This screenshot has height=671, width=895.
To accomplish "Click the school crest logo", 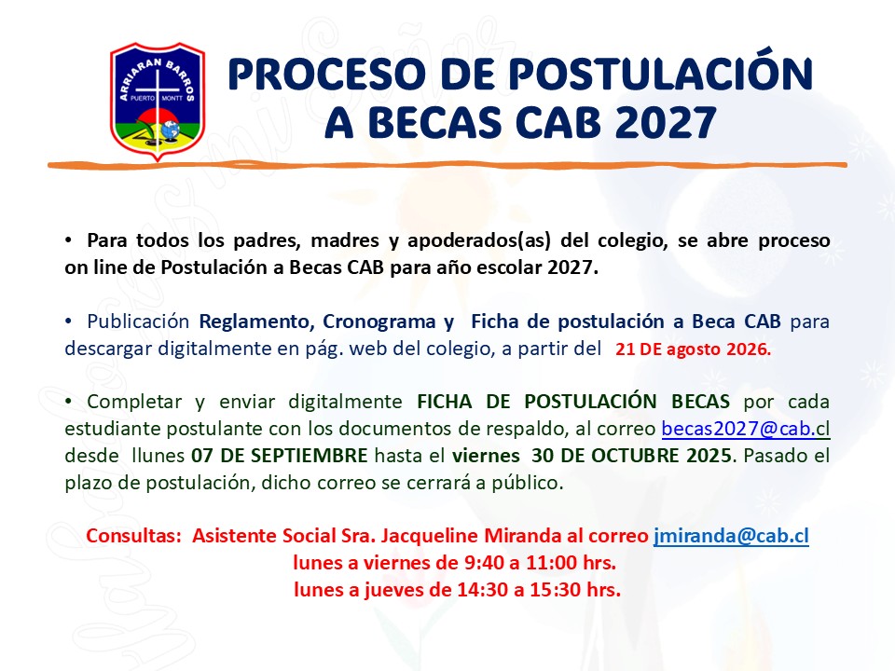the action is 158,102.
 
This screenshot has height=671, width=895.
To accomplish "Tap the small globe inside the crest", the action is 170,130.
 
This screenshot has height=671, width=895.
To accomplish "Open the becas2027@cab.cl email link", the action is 746,429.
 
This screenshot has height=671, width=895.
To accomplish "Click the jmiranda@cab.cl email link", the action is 731,536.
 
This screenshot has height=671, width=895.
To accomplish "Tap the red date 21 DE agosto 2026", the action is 693,349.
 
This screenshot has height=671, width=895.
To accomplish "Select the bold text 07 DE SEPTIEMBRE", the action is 279,456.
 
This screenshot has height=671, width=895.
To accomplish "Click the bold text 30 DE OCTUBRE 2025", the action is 631,456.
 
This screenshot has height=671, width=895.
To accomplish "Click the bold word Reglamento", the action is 257,322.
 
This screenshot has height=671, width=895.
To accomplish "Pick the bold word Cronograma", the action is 379,322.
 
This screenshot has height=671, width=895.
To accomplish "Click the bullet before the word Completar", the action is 68,402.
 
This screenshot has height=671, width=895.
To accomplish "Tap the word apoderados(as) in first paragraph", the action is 479,240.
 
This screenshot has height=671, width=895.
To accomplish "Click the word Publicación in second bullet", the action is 138,322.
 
